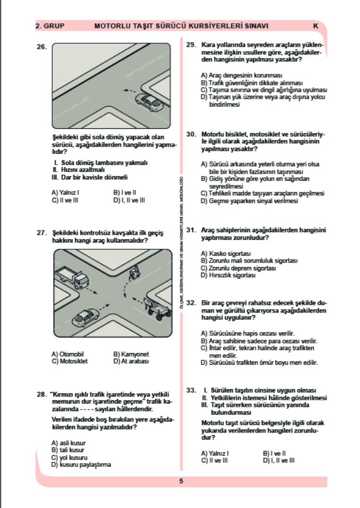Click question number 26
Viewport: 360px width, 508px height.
pyautogui.click(x=41, y=47)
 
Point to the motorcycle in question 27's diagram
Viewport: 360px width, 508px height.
pyautogui.click(x=134, y=271)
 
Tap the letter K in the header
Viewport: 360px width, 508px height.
pyautogui.click(x=316, y=26)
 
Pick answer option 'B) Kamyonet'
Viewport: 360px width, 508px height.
pyautogui.click(x=131, y=354)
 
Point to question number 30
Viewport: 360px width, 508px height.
pyautogui.click(x=192, y=134)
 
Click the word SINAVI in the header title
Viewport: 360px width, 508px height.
pyautogui.click(x=256, y=26)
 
